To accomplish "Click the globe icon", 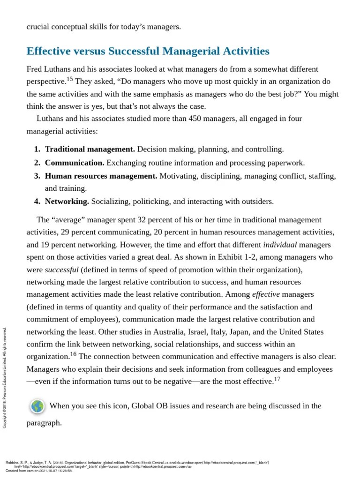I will (37, 406).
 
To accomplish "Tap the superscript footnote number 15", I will (69, 78).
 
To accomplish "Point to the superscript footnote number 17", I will (277, 378).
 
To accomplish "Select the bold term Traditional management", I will (90, 149).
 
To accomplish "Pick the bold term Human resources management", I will (101, 176).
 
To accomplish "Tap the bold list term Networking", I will (67, 202).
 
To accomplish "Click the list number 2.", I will (37, 163).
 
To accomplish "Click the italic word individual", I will (280, 245).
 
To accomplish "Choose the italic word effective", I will (266, 294).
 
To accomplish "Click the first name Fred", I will (35, 69).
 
